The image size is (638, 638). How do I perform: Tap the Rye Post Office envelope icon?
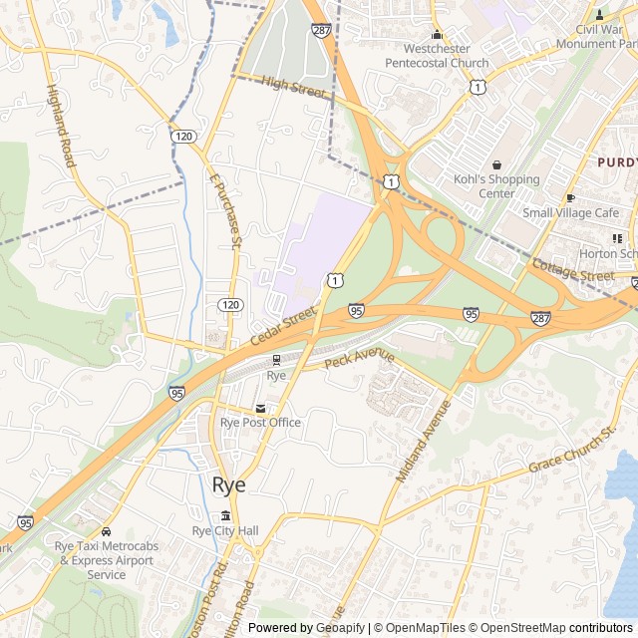pyautogui.click(x=261, y=408)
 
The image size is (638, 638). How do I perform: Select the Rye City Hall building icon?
pyautogui.click(x=225, y=515)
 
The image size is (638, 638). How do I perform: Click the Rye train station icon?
pyautogui.click(x=277, y=360)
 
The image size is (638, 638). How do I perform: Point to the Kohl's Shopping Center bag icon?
pyautogui.click(x=496, y=164)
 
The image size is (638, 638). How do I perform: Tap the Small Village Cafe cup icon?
pyautogui.click(x=571, y=197)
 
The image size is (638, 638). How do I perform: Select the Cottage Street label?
pyautogui.click(x=572, y=270)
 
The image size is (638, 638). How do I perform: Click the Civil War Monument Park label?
pyautogui.click(x=596, y=37)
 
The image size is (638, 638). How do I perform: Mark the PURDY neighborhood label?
pyautogui.click(x=617, y=160)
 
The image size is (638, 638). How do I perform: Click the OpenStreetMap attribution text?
pyautogui.click(x=515, y=627)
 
